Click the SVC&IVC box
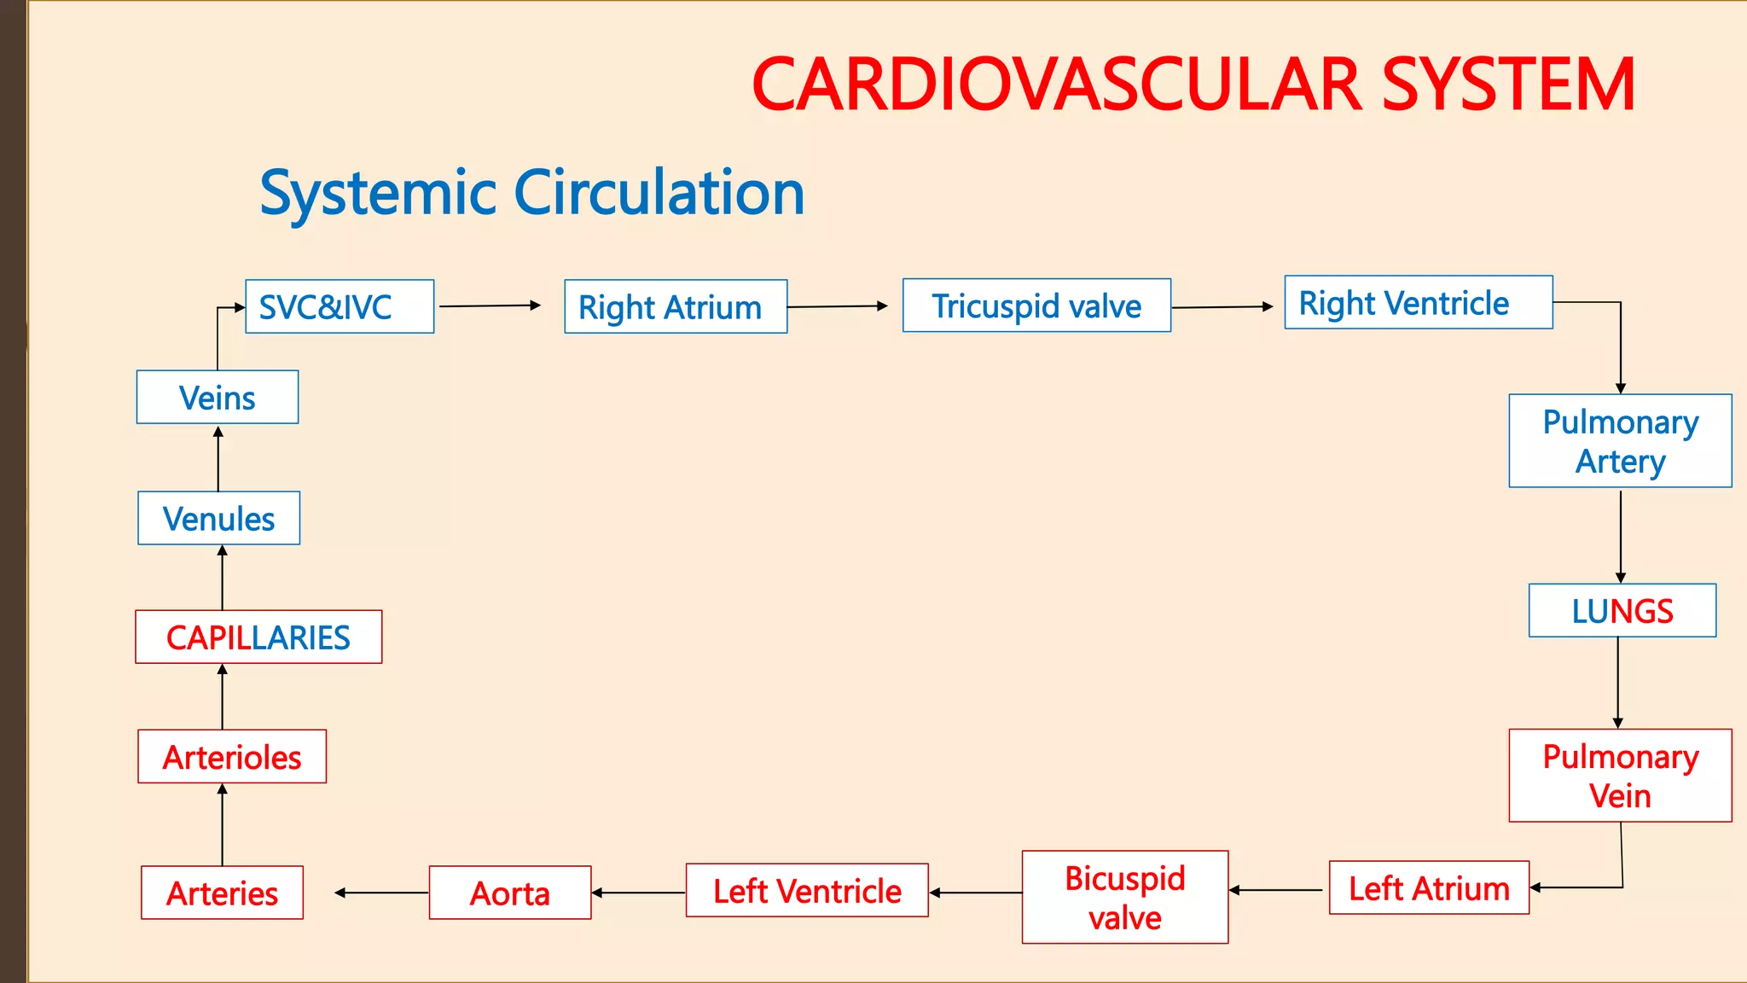click(340, 306)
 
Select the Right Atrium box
click(676, 306)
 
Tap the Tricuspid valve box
click(1036, 305)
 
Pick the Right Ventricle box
click(1418, 302)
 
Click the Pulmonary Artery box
click(1620, 440)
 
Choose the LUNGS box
click(1622, 610)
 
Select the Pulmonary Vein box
click(1620, 776)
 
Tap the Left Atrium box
click(1429, 887)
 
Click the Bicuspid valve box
click(1125, 897)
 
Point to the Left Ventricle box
click(807, 890)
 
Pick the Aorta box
click(510, 893)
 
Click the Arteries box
click(222, 893)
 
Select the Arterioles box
click(232, 756)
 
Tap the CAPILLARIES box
click(258, 637)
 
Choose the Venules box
click(219, 518)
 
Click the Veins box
click(218, 397)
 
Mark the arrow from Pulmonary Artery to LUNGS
click(1620, 536)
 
